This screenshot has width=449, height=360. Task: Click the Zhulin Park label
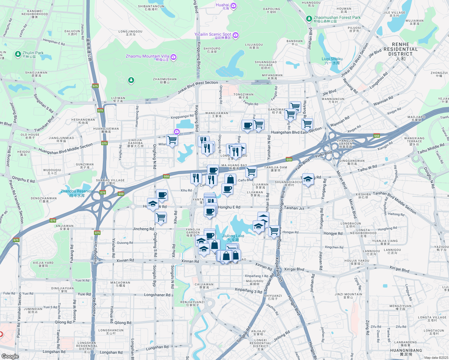click(x=33, y=53)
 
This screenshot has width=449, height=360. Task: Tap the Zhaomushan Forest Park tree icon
click(x=309, y=19)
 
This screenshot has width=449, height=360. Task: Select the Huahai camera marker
click(x=234, y=6)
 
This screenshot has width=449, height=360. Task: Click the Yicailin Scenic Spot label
click(x=213, y=34)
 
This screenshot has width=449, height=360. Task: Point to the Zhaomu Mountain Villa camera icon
click(x=173, y=57)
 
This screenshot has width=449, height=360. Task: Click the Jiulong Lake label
click(x=233, y=236)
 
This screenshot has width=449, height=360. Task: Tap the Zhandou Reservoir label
click(x=77, y=191)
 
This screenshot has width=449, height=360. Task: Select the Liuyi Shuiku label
click(x=332, y=59)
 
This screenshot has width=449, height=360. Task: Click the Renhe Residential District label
click(x=400, y=49)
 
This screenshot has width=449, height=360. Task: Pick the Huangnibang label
click(x=406, y=350)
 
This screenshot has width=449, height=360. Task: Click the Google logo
click(x=10, y=356)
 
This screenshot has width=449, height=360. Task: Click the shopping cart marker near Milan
click(x=172, y=139)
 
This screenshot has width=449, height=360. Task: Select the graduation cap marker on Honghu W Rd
click(x=153, y=204)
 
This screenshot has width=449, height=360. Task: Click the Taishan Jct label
click(x=294, y=208)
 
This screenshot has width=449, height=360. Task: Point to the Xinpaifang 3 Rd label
click(x=248, y=290)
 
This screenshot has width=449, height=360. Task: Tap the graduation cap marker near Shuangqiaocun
click(x=308, y=179)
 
